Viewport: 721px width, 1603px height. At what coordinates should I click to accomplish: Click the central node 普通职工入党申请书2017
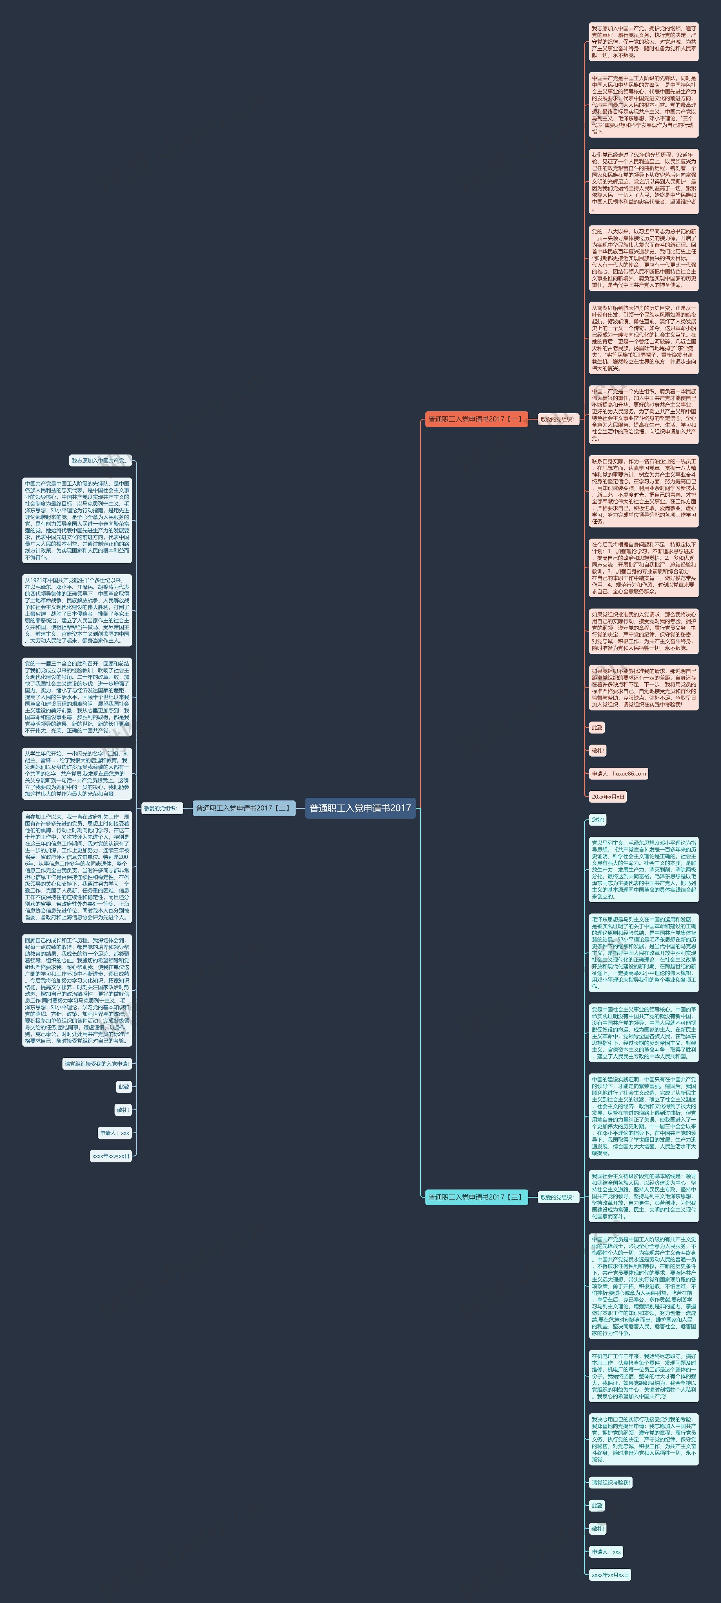coord(360,808)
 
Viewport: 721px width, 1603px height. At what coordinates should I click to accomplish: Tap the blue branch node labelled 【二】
coord(243,808)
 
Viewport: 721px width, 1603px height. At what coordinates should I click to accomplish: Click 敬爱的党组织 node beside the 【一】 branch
coord(557,419)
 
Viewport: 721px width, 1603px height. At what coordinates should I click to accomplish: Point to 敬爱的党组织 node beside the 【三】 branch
coord(557,1197)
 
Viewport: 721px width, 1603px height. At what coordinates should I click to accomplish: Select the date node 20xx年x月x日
coord(608,797)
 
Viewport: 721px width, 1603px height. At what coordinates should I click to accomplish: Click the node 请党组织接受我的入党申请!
coord(97,1064)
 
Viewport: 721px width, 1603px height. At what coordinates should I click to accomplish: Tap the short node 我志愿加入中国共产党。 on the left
coord(100,461)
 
